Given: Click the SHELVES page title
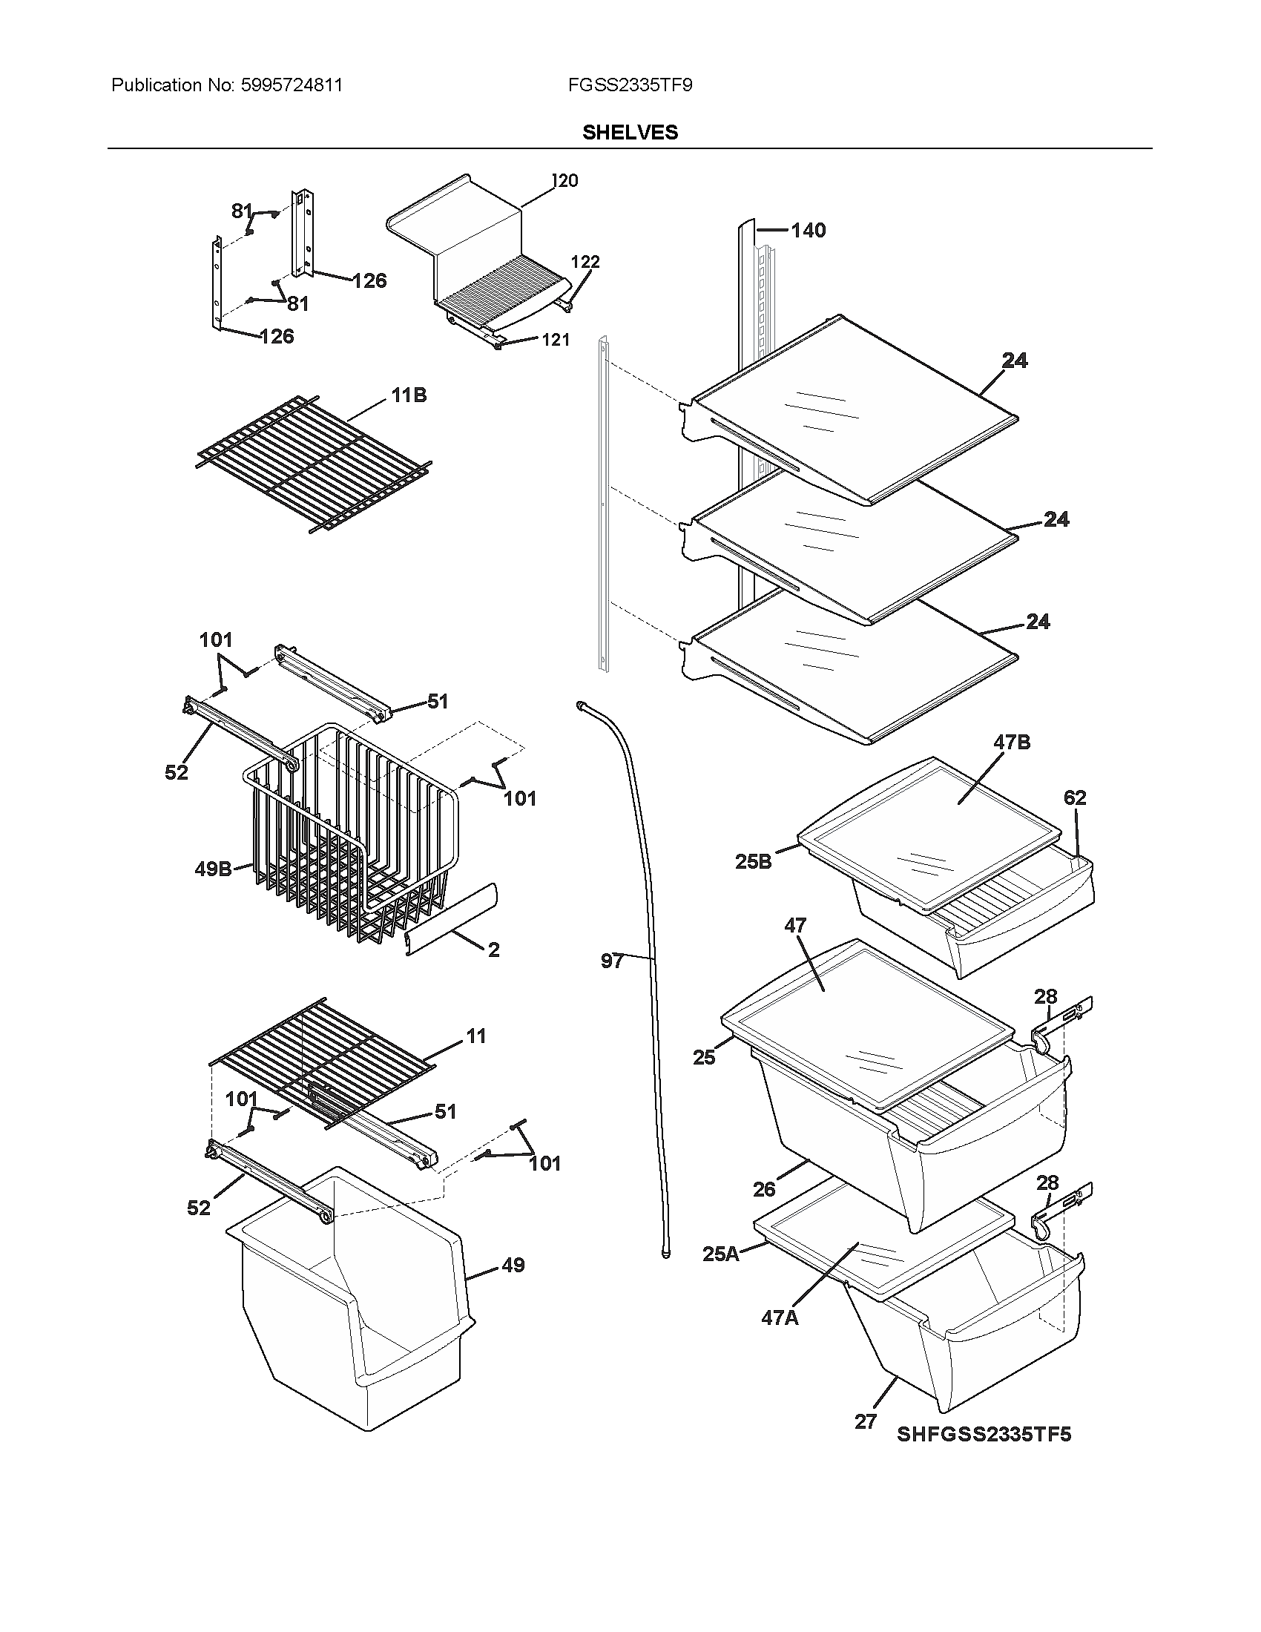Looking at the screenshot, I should pyautogui.click(x=630, y=132).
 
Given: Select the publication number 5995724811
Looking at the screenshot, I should pyautogui.click(x=292, y=85).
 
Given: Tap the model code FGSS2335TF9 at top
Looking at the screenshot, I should pyautogui.click(x=629, y=85).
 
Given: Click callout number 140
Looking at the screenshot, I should pyautogui.click(x=809, y=230).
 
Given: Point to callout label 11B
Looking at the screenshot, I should pyautogui.click(x=409, y=395).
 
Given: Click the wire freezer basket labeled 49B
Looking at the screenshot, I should pyautogui.click(x=351, y=837).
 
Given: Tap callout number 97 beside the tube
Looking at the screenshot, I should pyautogui.click(x=612, y=961).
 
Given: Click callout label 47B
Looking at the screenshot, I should pyautogui.click(x=1012, y=742).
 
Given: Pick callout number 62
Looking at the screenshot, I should pyautogui.click(x=1075, y=797).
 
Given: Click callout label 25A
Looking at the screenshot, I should pyautogui.click(x=720, y=1254).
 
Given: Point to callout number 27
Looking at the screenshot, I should pyautogui.click(x=865, y=1421).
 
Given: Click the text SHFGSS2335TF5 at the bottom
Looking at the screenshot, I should pyautogui.click(x=984, y=1434).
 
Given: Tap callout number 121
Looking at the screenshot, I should pyautogui.click(x=555, y=340).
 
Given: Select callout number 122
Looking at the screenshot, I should pyautogui.click(x=585, y=262).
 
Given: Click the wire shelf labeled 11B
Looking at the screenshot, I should pyautogui.click(x=314, y=464).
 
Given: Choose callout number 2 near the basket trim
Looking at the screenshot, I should pyautogui.click(x=493, y=950).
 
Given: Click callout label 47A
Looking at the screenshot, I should pyautogui.click(x=779, y=1317).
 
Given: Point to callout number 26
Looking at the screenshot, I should pyautogui.click(x=763, y=1189).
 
